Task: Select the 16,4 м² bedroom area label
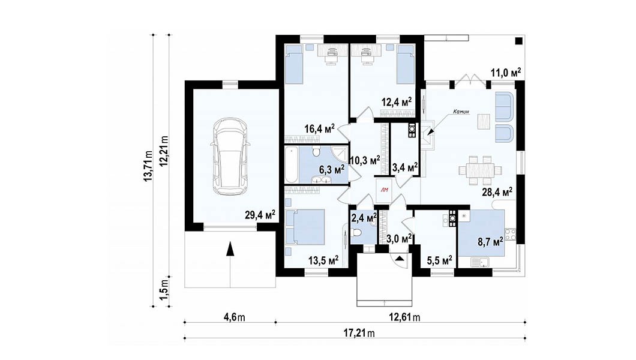[320, 129]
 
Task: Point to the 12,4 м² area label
[397, 101]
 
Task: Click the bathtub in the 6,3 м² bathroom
[291, 165]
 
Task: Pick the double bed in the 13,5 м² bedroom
[305, 227]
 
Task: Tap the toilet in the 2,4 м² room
[356, 233]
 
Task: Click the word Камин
[461, 112]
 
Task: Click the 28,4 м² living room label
[497, 191]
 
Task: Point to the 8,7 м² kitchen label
[490, 242]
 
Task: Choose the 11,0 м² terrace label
[506, 73]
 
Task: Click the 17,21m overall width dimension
[359, 333]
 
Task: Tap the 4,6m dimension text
[235, 317]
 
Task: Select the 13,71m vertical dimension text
[148, 166]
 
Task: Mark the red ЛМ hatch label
[384, 190]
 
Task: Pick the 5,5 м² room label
[440, 260]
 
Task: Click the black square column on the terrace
[519, 41]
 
